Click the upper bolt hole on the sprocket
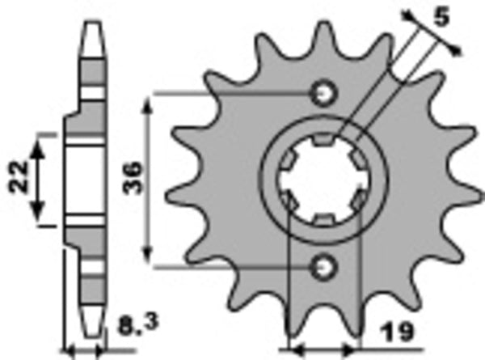coord(325,93)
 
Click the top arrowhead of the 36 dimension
coord(146,104)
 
